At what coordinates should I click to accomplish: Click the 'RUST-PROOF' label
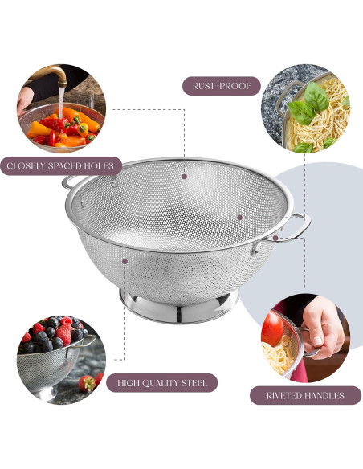tap(222, 85)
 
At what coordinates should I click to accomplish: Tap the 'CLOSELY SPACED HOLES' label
tap(61, 167)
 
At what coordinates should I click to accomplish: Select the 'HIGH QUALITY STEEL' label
tap(162, 383)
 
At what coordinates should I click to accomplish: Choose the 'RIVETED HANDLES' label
tap(305, 395)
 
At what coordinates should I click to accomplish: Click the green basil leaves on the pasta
tap(307, 104)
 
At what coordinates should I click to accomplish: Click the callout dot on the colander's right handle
tap(275, 237)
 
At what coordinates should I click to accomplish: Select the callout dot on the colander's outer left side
tap(124, 260)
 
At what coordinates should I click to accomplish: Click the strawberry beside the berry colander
tap(88, 382)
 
